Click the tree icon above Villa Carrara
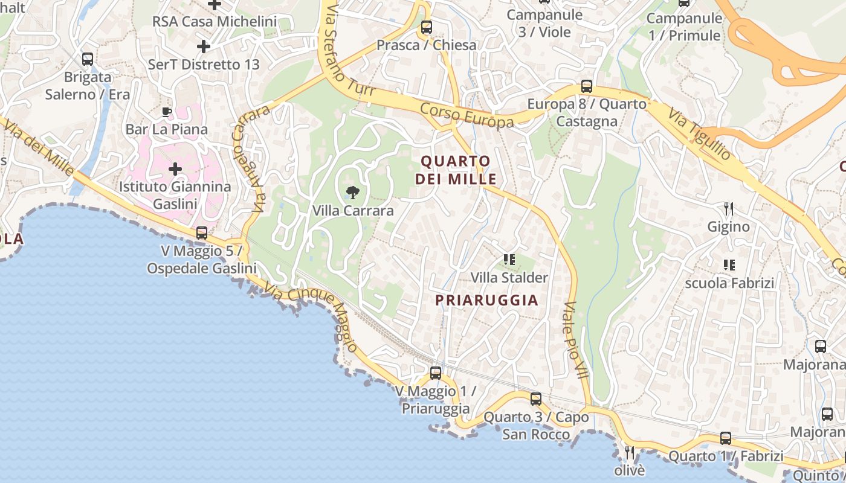(353, 193)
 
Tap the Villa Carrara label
(353, 211)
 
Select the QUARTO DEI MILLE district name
(456, 170)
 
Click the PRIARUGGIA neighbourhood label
(486, 300)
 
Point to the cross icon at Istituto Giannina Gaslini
(175, 168)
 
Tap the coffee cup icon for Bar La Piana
(167, 112)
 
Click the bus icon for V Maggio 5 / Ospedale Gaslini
(202, 233)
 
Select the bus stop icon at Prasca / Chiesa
(427, 27)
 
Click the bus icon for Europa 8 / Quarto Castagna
(586, 86)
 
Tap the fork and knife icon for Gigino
(729, 209)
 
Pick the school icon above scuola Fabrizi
(729, 264)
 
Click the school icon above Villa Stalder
(509, 260)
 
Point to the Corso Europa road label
(467, 115)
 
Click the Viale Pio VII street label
(576, 339)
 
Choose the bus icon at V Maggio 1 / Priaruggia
(436, 373)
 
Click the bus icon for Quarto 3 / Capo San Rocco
(536, 398)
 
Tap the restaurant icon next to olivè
(630, 452)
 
